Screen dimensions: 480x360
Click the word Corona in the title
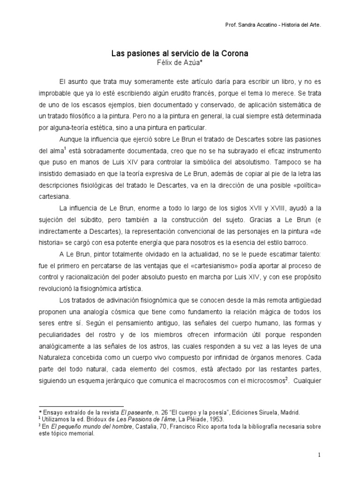point(232,54)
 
